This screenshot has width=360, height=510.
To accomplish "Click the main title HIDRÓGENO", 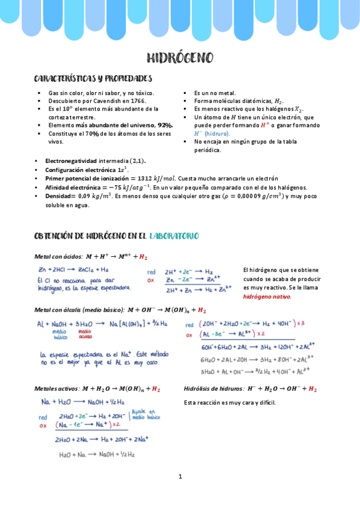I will (180, 58).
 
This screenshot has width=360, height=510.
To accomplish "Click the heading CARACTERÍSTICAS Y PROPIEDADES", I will (93, 79).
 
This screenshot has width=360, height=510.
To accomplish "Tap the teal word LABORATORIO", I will (174, 236).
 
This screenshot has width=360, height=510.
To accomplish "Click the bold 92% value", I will (164, 125).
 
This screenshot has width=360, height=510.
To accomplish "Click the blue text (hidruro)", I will (218, 134).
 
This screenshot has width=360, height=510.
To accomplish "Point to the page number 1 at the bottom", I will (180, 477).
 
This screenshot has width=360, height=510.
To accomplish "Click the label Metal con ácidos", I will (57, 257).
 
